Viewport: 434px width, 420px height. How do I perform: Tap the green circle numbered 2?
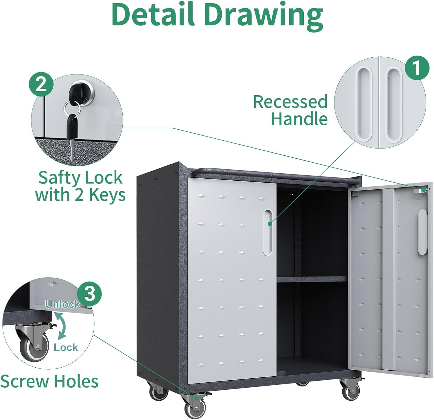tap(41, 84)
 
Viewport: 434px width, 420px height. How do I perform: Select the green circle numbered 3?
tap(89, 294)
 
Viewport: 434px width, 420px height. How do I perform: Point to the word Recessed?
tap(290, 102)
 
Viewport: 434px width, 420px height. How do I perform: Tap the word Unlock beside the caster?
tap(63, 304)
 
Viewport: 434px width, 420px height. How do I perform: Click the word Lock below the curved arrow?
tap(66, 347)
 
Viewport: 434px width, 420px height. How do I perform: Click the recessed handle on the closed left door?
tap(268, 233)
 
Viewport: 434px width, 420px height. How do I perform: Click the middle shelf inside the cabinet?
tap(312, 279)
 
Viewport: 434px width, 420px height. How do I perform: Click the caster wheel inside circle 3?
tap(34, 347)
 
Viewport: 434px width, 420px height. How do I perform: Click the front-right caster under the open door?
tap(351, 391)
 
